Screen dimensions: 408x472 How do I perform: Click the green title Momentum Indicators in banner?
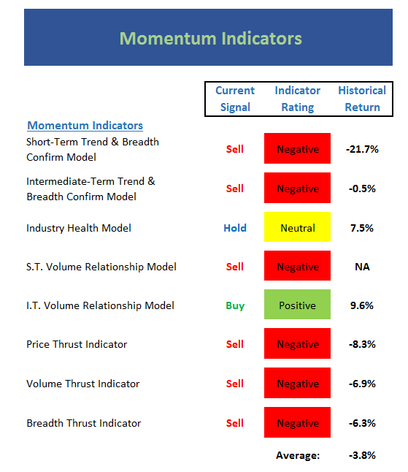click(x=210, y=38)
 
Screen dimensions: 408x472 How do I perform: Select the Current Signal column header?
click(x=235, y=99)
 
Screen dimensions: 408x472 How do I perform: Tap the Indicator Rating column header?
click(x=297, y=99)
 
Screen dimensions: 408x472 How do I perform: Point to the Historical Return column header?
click(x=362, y=99)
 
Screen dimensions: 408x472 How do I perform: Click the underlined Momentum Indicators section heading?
click(x=85, y=126)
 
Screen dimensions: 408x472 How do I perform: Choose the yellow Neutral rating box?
click(x=297, y=227)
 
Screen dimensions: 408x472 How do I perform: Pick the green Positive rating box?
click(x=297, y=305)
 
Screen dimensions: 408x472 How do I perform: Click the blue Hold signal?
click(x=235, y=228)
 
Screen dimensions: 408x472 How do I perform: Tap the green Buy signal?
click(x=235, y=306)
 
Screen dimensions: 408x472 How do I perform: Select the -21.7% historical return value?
click(x=362, y=149)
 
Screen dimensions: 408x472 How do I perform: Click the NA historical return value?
click(x=362, y=267)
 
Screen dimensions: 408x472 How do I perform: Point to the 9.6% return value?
click(x=362, y=305)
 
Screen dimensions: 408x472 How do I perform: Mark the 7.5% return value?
click(x=362, y=228)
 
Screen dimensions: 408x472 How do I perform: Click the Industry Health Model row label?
click(x=79, y=228)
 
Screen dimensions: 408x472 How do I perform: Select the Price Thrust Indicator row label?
click(x=77, y=344)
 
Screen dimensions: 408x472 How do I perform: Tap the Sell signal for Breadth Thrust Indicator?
click(x=235, y=423)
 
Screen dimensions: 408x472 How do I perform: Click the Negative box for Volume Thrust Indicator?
click(x=297, y=383)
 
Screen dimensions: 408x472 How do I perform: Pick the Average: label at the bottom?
click(x=298, y=455)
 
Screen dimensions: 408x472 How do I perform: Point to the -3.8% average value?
click(x=362, y=455)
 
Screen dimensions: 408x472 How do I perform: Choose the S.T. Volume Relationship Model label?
click(x=101, y=267)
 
